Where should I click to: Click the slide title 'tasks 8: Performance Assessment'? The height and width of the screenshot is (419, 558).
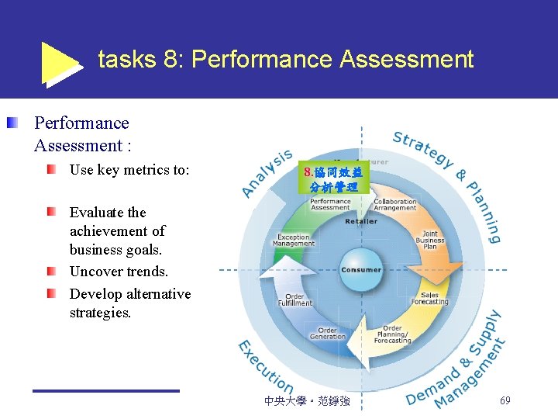285,60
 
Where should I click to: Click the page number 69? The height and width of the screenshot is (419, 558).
505,401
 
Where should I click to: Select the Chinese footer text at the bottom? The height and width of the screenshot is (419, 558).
307,401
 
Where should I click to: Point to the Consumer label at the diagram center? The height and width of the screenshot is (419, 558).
361,270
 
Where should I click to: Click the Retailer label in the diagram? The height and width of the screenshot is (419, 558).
361,221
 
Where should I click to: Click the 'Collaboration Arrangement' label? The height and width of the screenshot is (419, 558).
395,205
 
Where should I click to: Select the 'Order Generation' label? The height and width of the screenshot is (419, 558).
327,333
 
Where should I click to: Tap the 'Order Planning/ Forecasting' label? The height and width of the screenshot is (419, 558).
392,334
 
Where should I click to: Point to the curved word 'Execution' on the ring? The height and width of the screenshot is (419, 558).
264,368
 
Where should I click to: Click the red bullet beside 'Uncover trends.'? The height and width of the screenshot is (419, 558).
50,272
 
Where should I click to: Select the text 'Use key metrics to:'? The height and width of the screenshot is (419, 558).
129,170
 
